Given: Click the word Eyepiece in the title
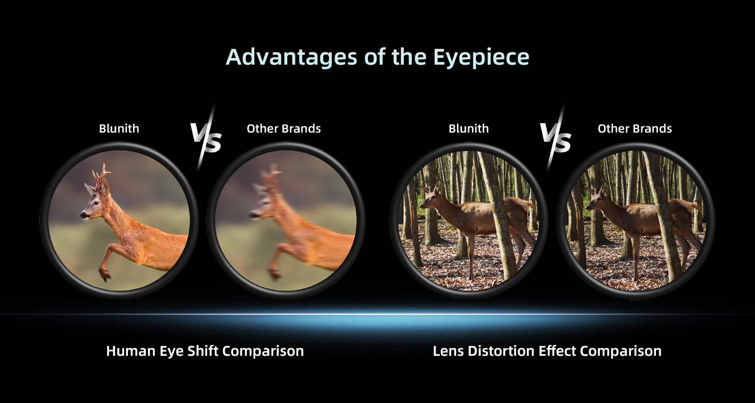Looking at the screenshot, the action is tap(481, 57).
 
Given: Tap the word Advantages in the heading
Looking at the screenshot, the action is tap(291, 57).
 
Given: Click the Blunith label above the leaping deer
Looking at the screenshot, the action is tap(119, 128).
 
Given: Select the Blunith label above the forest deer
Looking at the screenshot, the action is tap(469, 128).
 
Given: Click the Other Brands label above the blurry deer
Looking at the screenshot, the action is tap(284, 128).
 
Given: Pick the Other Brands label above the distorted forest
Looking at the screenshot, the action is tap(635, 128).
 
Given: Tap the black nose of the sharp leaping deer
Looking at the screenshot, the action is tap(83, 214).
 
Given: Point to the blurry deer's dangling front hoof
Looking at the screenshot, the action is tap(274, 274).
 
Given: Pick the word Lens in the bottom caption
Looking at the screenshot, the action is tap(448, 351).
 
